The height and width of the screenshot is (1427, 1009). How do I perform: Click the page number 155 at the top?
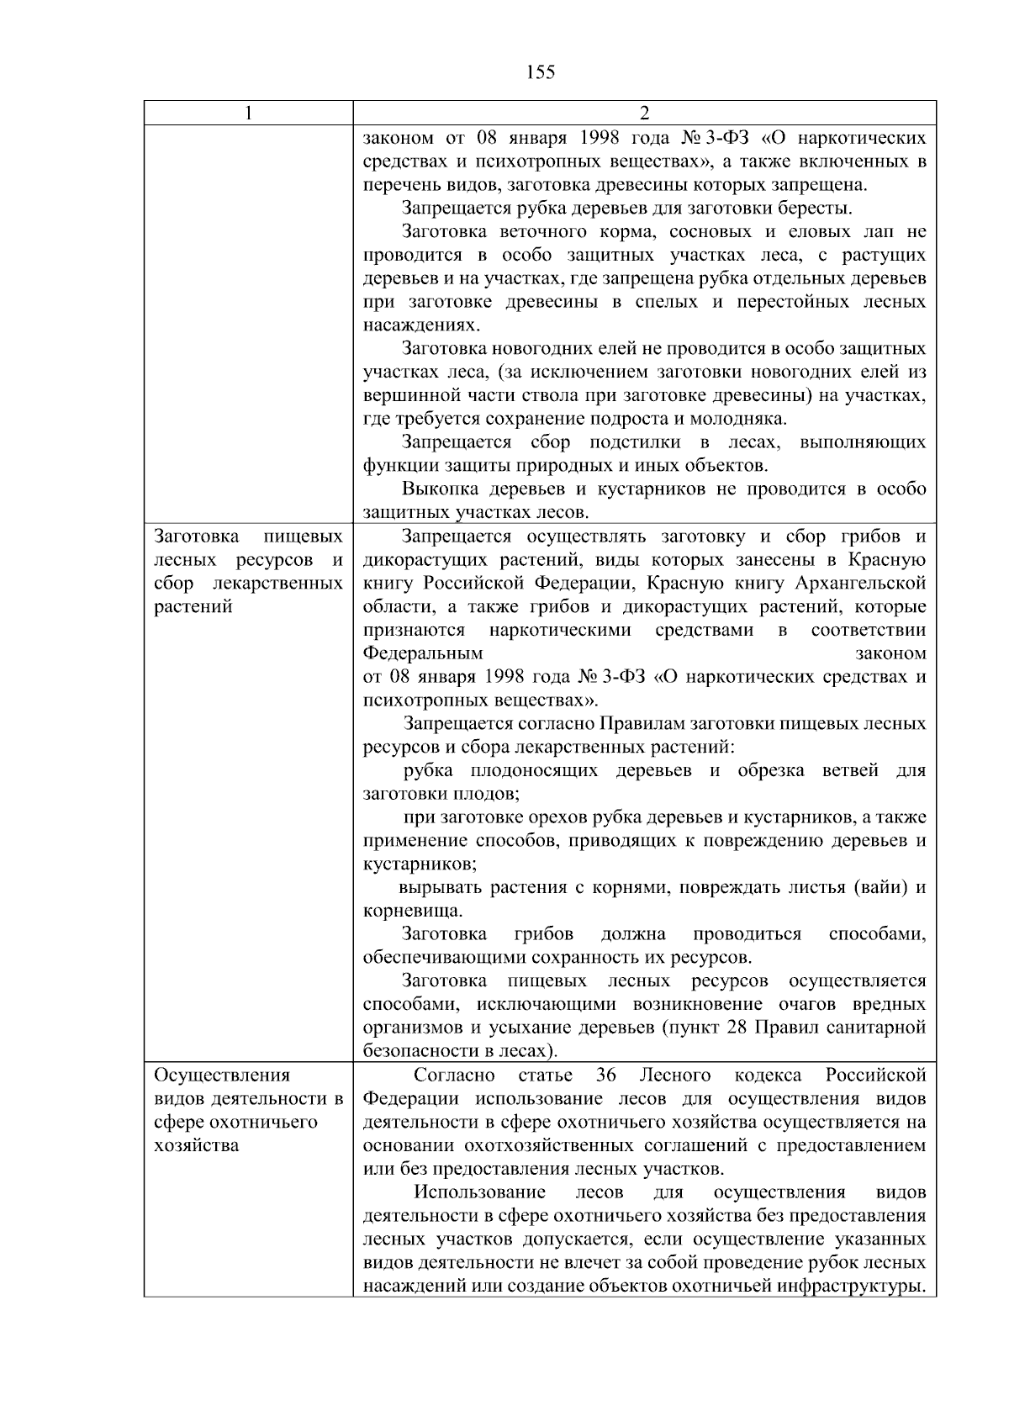point(541,72)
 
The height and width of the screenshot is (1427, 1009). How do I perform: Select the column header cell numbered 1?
point(248,114)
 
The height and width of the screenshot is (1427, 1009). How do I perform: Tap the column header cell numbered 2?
point(644,114)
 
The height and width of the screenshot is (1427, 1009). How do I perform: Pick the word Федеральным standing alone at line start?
point(423,653)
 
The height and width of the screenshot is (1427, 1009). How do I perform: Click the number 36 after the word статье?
point(606,1076)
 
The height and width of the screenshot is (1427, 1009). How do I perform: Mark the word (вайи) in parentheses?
point(879,887)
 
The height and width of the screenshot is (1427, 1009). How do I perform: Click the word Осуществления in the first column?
point(222,1076)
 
